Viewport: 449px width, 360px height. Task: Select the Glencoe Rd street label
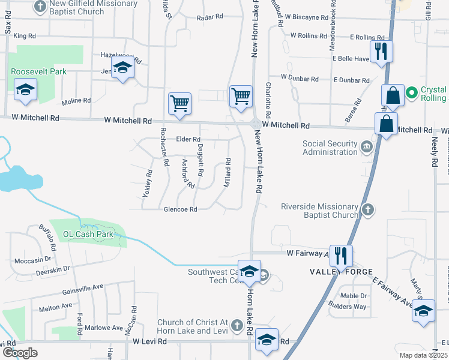(181, 209)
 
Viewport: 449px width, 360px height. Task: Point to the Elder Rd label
(188, 139)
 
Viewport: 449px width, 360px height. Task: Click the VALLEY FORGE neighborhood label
(337, 272)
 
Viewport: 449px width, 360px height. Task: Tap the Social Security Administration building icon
(366, 146)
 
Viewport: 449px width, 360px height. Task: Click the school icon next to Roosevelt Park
(26, 91)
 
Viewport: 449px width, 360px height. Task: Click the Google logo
(20, 353)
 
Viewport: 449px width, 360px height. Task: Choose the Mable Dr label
(354, 296)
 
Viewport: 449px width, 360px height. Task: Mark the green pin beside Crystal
(412, 92)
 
